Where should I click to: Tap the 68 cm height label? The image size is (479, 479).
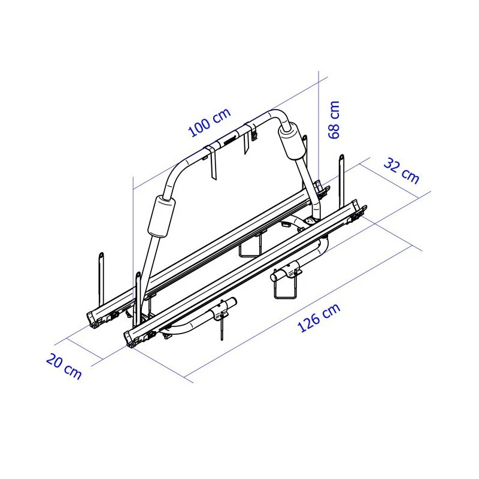coord(334,119)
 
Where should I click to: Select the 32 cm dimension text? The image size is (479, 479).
coord(401,170)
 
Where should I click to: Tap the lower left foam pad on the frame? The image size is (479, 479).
coord(163,216)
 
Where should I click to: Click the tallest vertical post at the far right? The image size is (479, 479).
coord(342,174)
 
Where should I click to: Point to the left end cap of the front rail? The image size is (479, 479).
coord(132,336)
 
